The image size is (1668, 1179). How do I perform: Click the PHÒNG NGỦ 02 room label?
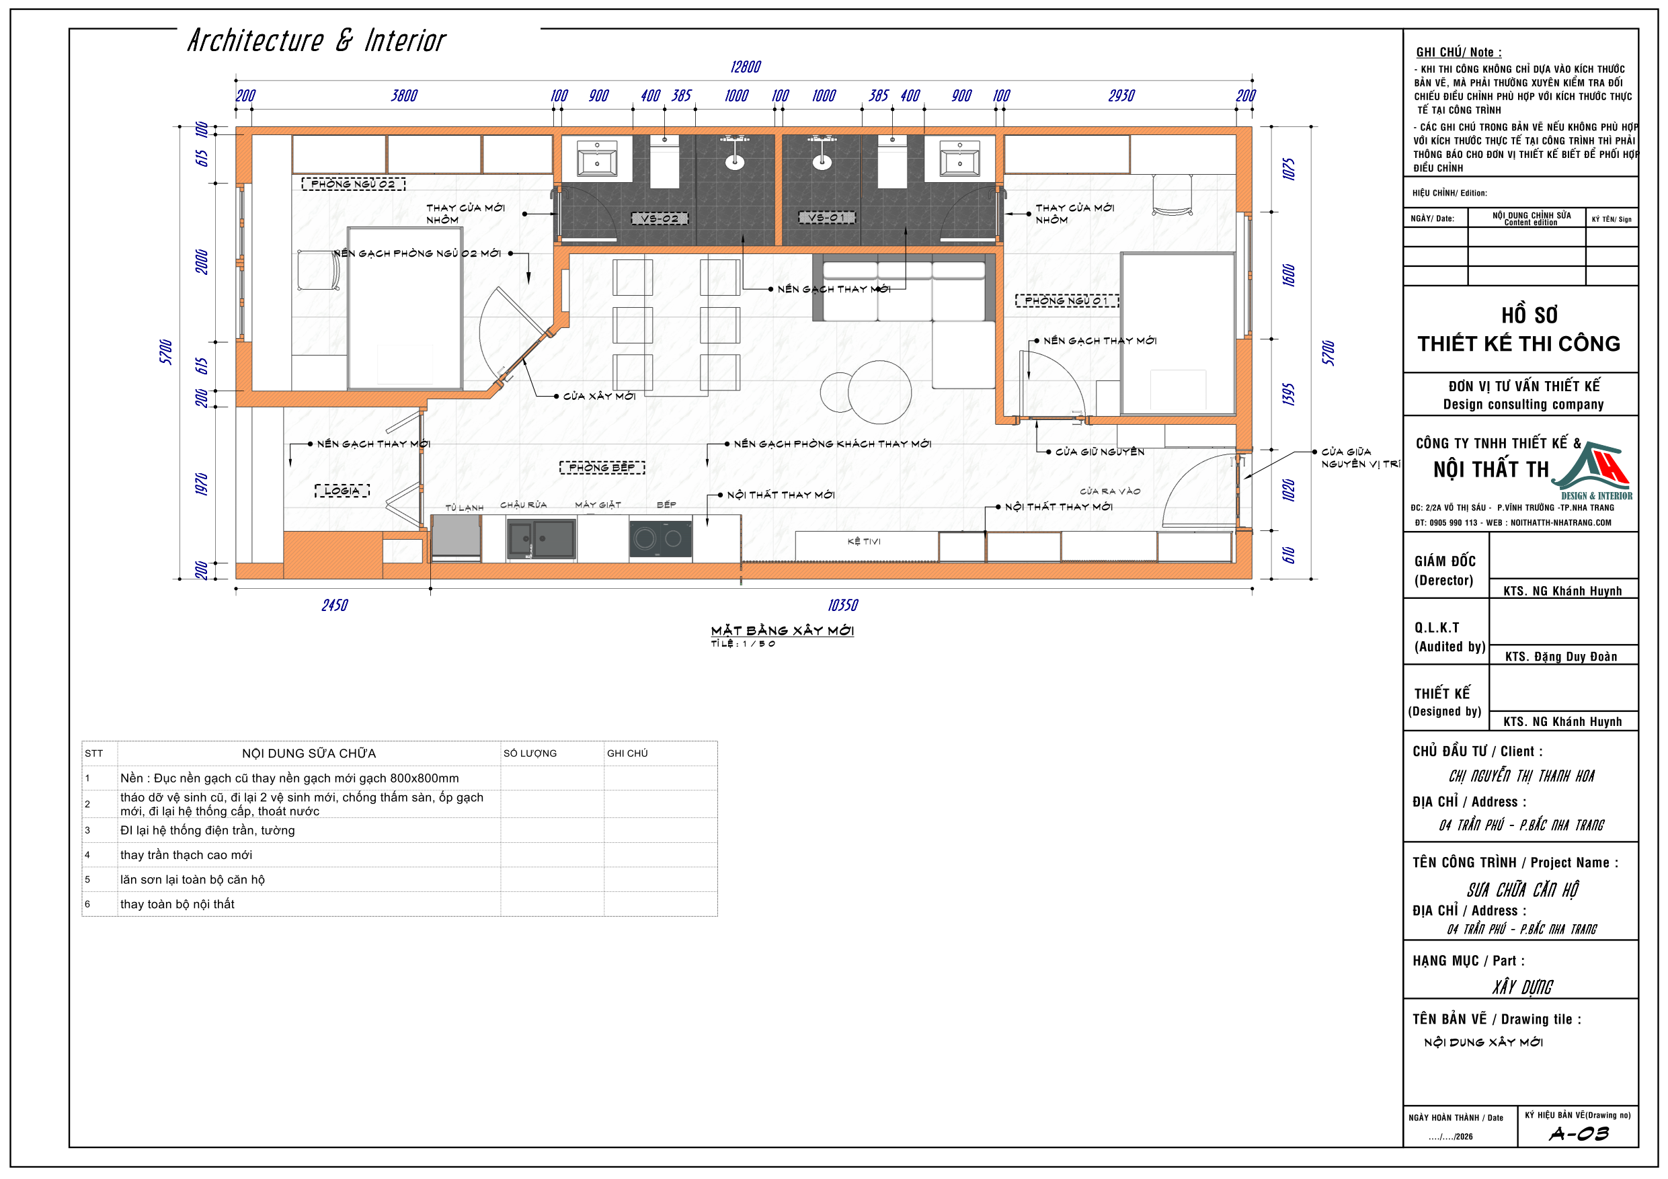click(x=353, y=184)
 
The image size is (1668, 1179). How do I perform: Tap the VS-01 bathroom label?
click(x=827, y=217)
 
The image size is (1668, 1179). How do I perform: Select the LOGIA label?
click(x=342, y=490)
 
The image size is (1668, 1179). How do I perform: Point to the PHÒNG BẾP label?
click(x=602, y=467)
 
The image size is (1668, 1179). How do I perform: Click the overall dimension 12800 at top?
click(x=746, y=67)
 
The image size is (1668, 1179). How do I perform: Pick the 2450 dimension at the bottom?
click(x=335, y=605)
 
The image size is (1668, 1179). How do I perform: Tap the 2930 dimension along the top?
click(x=1121, y=96)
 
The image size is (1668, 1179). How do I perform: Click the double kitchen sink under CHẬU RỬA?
click(x=541, y=539)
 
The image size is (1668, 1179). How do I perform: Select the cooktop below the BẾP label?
click(x=660, y=539)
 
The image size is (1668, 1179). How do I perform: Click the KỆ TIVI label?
click(x=864, y=541)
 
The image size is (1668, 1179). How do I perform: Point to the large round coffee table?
click(x=880, y=392)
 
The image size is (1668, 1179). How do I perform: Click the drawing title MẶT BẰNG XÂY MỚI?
click(x=783, y=631)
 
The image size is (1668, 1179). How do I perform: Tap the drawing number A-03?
click(x=1579, y=1134)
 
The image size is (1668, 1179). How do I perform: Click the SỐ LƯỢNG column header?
click(x=530, y=754)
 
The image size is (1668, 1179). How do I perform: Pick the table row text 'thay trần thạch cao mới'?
click(x=186, y=855)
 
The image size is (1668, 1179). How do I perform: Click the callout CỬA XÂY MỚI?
click(x=599, y=396)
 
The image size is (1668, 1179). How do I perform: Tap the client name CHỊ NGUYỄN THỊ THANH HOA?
click(x=1521, y=776)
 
